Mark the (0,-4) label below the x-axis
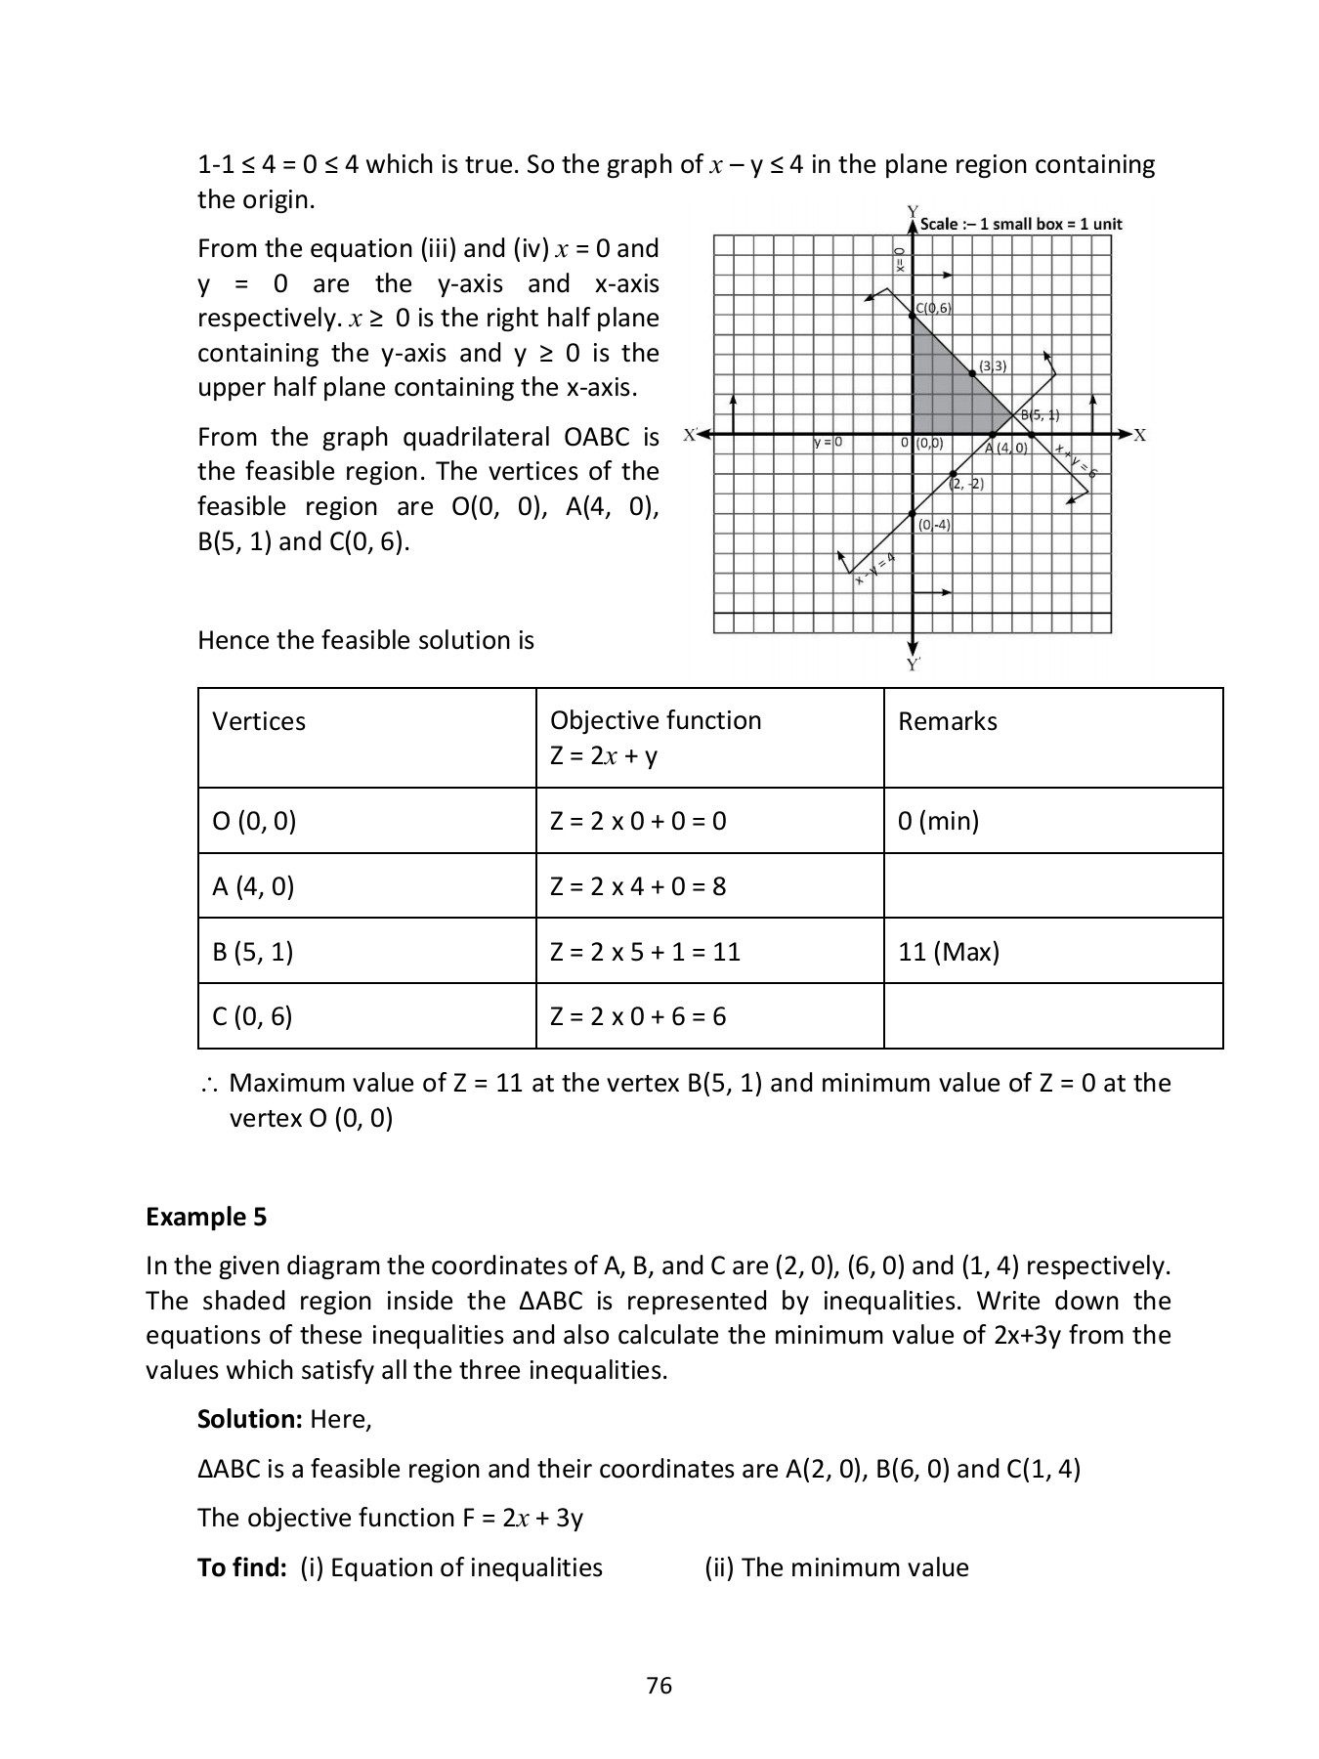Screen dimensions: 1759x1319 [x=934, y=525]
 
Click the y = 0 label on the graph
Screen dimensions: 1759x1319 [x=828, y=443]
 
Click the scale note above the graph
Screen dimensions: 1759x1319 [x=1021, y=224]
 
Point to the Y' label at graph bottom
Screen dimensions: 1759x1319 [x=913, y=665]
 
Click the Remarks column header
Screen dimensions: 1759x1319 [x=947, y=721]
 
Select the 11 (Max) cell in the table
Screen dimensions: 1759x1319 [x=948, y=951]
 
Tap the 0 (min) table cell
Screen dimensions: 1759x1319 [x=938, y=820]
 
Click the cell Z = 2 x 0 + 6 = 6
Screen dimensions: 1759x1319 [x=637, y=1016]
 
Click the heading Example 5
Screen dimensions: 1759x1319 [x=206, y=1217]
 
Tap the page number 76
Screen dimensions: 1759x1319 [x=659, y=1685]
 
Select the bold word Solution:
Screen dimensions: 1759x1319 [x=250, y=1419]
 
